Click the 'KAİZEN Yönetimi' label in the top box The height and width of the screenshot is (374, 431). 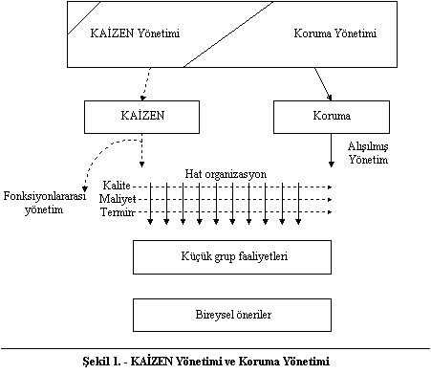click(x=135, y=33)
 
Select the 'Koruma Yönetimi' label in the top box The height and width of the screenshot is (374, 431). click(x=335, y=33)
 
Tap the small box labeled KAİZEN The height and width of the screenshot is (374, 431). click(x=141, y=117)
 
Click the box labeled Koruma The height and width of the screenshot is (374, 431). click(x=332, y=117)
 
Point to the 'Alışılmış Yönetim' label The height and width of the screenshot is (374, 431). click(x=368, y=153)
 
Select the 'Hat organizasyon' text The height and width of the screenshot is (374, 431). click(x=226, y=174)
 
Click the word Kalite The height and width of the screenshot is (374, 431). click(x=117, y=186)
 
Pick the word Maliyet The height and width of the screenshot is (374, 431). click(x=118, y=199)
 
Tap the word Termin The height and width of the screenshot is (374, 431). click(x=118, y=212)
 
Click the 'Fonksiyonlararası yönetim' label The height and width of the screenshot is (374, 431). click(x=45, y=203)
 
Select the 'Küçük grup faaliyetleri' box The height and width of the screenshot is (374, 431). click(x=232, y=257)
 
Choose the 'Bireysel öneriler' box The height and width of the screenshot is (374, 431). click(x=232, y=315)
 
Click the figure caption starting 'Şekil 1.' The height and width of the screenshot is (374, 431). click(x=206, y=362)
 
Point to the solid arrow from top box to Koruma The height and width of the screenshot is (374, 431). click(x=323, y=84)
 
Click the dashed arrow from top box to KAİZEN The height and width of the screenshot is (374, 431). click(x=146, y=84)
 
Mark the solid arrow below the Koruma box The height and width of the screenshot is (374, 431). click(x=332, y=150)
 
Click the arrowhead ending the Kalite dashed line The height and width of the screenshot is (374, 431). click(x=330, y=187)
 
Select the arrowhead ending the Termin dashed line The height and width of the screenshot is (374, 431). click(x=330, y=212)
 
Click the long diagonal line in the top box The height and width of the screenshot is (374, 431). click(x=228, y=34)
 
